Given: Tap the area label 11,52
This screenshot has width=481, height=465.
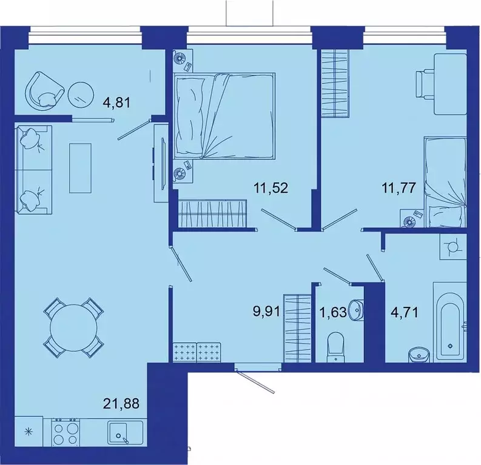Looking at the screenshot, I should pos(270,187).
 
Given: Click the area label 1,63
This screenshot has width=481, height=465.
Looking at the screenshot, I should pos(332,314).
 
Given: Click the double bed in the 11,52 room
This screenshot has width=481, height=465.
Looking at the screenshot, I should pos(224,115).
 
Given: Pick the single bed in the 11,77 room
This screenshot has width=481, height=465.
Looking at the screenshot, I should pos(444,182).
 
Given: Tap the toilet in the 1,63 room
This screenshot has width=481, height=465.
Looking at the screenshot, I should pos(335,347).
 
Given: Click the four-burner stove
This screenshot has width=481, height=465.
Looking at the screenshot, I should pos(66,433).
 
